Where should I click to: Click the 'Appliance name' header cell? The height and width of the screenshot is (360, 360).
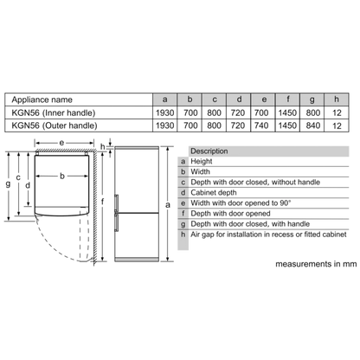pyautogui.click(x=42, y=100)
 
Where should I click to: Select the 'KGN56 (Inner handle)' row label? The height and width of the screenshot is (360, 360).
pyautogui.click(x=54, y=112)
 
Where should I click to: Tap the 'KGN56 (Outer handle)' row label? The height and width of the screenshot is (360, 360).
pyautogui.click(x=55, y=125)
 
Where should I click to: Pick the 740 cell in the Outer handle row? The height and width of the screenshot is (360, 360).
pyautogui.click(x=261, y=125)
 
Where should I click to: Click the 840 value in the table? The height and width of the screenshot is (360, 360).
pyautogui.click(x=313, y=125)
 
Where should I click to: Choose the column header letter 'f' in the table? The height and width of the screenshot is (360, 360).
pyautogui.click(x=287, y=100)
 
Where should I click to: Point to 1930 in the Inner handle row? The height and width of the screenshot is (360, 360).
pyautogui.click(x=165, y=112)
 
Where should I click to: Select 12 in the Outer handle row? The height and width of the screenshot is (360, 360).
pyautogui.click(x=337, y=125)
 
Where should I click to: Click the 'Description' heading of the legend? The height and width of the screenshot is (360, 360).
pyautogui.click(x=209, y=151)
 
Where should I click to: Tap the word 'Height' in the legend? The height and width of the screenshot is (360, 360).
pyautogui.click(x=202, y=161)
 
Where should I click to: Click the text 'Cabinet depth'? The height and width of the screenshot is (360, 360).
pyautogui.click(x=214, y=193)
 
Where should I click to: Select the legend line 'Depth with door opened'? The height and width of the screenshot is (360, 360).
pyautogui.click(x=230, y=214)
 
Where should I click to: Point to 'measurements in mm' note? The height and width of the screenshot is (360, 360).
pyautogui.click(x=316, y=264)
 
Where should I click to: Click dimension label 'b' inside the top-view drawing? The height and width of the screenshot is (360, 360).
pyautogui.click(x=62, y=176)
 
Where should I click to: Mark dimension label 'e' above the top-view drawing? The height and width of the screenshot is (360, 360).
pyautogui.click(x=61, y=143)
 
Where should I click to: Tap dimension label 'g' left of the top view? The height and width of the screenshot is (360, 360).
pyautogui.click(x=8, y=183)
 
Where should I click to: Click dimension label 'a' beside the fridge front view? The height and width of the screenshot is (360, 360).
pyautogui.click(x=168, y=205)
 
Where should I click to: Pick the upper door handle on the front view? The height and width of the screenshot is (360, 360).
pyautogui.click(x=116, y=203)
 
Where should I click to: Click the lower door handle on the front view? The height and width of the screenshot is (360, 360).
pyautogui.click(x=116, y=222)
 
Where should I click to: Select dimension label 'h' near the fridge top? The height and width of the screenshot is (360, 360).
pyautogui.click(x=103, y=146)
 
